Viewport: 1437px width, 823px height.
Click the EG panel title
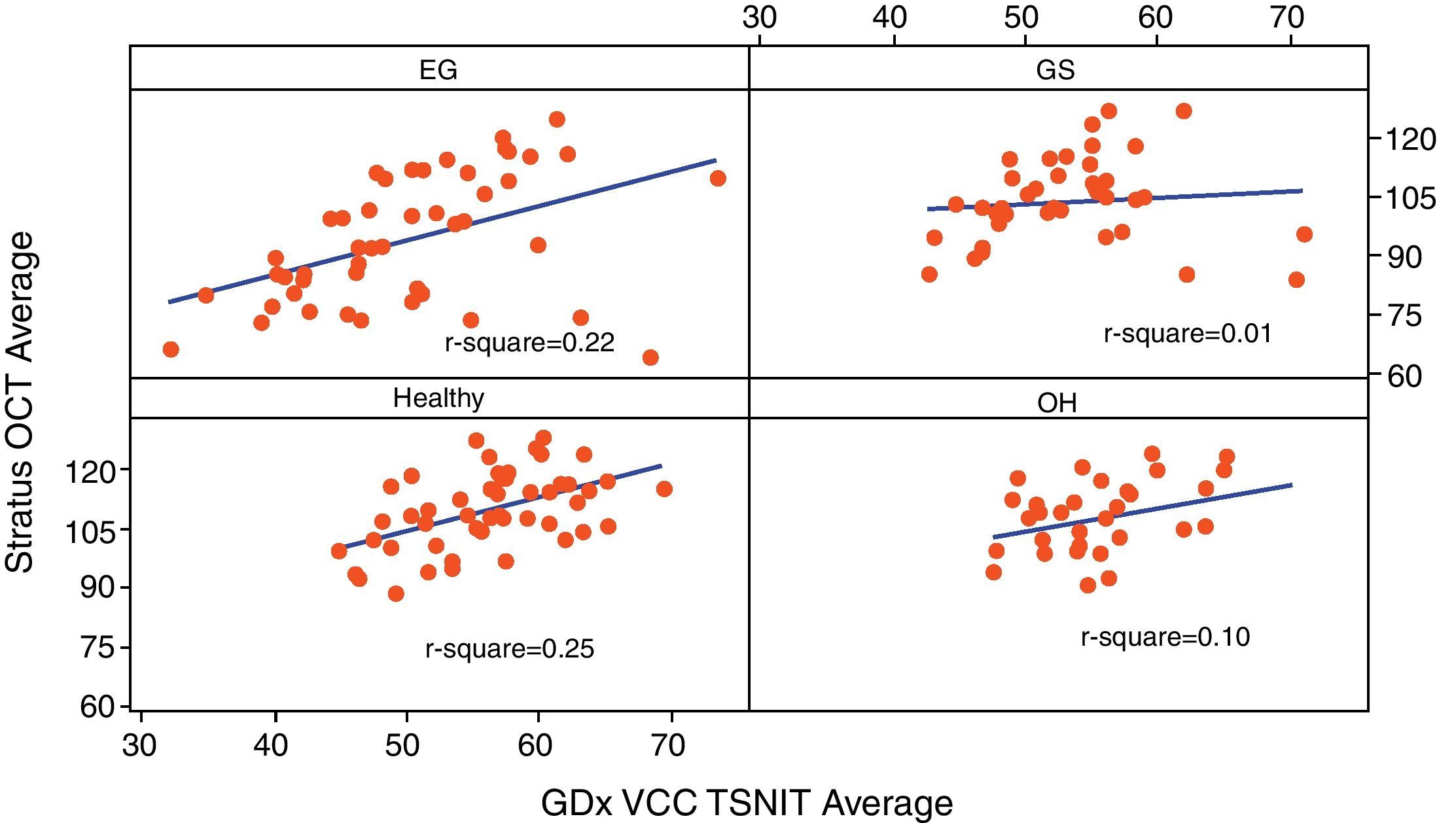pos(438,69)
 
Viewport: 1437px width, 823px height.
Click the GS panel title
pos(1056,69)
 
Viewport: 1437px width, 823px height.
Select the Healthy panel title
pos(438,398)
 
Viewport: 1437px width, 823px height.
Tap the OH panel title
pos(1057,403)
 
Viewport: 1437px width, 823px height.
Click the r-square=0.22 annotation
pos(529,343)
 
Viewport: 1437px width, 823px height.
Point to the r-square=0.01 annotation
pos(1188,334)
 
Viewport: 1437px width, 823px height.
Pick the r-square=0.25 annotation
pos(510,649)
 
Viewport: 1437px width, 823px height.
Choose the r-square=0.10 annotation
pos(1165,637)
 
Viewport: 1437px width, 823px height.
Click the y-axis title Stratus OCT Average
pos(20,402)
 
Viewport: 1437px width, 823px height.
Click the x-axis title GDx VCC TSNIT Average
pos(747,802)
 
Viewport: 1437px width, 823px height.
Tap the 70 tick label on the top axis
pos(1288,18)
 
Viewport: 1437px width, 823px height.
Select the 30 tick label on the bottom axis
pos(139,745)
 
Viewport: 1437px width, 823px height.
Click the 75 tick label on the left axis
pos(97,647)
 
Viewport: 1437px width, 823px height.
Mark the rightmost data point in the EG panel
pos(718,178)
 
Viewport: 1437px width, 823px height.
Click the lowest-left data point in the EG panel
pos(171,349)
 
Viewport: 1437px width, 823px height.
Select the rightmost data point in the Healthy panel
pos(664,489)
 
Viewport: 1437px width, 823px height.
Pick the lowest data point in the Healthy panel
pos(396,593)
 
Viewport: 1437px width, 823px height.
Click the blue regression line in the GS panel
pos(1112,200)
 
